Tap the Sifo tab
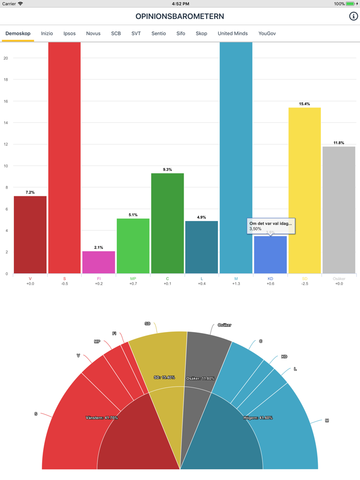click(181, 33)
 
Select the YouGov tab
click(267, 33)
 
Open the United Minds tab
click(232, 33)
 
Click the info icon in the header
click(353, 16)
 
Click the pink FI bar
click(99, 262)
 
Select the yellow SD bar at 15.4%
click(304, 190)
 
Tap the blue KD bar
click(271, 255)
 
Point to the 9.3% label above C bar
click(168, 170)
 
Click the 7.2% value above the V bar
click(30, 192)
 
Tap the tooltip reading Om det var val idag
click(271, 226)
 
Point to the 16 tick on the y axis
click(6, 101)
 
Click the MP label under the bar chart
click(133, 279)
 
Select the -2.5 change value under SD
click(304, 284)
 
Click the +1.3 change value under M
click(236, 284)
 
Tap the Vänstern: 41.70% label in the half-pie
click(102, 418)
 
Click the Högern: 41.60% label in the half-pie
click(258, 418)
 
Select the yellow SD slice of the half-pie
click(159, 360)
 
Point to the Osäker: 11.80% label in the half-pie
click(201, 378)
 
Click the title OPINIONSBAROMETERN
click(180, 16)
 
